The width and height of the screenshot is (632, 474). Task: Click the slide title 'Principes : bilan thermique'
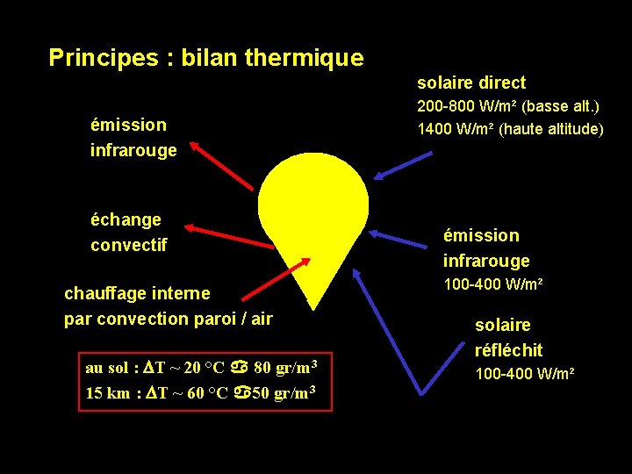205,58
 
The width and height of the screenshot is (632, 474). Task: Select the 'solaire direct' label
470,83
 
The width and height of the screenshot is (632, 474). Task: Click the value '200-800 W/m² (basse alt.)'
507,107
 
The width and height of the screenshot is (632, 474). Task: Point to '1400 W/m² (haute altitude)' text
510,129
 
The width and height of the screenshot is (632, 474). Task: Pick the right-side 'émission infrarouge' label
486,248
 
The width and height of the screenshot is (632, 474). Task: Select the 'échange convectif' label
128,232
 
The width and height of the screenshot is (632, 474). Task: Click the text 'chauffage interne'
137,293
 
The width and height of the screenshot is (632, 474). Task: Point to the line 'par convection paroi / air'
169,319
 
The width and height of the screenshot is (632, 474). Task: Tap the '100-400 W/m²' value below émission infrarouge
492,285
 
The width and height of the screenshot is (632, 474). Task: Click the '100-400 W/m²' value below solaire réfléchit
524,374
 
